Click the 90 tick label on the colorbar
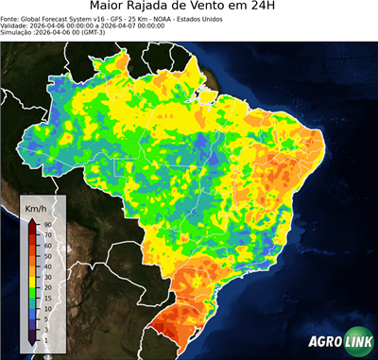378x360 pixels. coord(47,224)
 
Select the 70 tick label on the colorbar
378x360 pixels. coord(47,233)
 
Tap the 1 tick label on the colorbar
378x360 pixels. coord(46,337)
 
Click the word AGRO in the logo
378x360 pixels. coord(324,343)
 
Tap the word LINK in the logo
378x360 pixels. coord(356,343)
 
